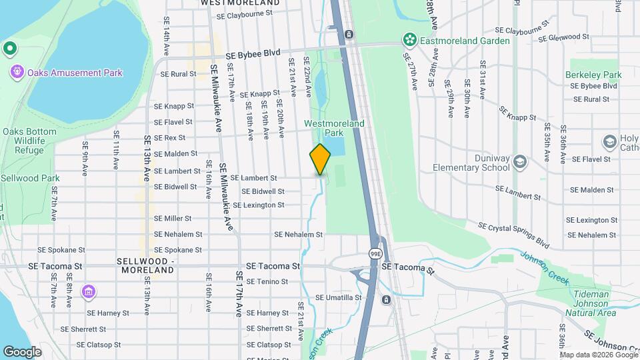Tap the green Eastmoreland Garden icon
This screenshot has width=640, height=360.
pos(408,41)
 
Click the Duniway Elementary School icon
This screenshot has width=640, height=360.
pos(520,162)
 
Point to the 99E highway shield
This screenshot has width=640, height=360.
pos(375,253)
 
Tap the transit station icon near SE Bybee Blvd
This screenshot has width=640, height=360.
pos(349,33)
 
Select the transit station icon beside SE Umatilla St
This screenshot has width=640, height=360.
pos(385,300)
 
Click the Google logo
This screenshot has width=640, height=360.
pos(22,351)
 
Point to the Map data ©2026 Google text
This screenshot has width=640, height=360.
pos(599,355)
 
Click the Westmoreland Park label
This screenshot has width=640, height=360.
pos(334,128)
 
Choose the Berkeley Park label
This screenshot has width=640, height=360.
pos(593,75)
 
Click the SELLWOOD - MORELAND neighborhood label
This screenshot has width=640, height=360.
pos(145,265)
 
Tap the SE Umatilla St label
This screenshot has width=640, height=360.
pos(338,297)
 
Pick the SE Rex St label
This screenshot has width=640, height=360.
pos(169,138)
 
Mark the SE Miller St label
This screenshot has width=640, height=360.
pos(173,218)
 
